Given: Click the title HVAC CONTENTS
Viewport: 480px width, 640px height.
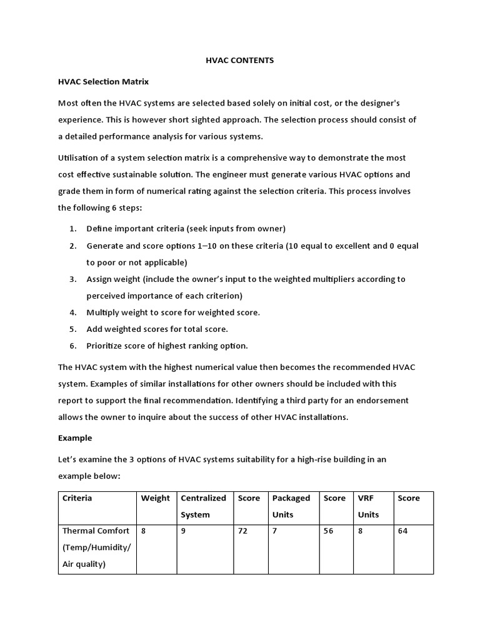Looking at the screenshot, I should (240, 61).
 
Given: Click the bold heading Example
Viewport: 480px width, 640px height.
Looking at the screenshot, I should (75, 438).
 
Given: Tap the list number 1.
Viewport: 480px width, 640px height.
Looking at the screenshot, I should (73, 229).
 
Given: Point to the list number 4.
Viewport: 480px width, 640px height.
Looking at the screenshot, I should (73, 312).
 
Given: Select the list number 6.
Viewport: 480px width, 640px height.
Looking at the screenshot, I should (73, 346).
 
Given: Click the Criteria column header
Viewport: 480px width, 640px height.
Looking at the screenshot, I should (77, 498).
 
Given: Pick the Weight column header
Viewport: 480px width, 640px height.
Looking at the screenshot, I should (155, 498).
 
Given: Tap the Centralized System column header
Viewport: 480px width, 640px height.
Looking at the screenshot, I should (203, 506).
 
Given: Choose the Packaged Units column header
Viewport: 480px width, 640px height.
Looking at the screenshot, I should (291, 506).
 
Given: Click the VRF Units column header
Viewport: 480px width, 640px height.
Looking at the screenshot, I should (368, 506).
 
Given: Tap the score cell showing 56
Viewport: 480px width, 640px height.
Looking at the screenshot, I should (328, 531).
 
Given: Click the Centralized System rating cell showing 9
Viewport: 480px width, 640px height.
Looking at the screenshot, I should (183, 531).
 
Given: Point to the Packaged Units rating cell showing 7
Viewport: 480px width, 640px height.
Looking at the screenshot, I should (274, 531).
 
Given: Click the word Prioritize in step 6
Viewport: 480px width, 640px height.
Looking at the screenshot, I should (106, 346).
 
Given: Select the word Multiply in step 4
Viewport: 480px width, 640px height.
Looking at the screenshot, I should (104, 312).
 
